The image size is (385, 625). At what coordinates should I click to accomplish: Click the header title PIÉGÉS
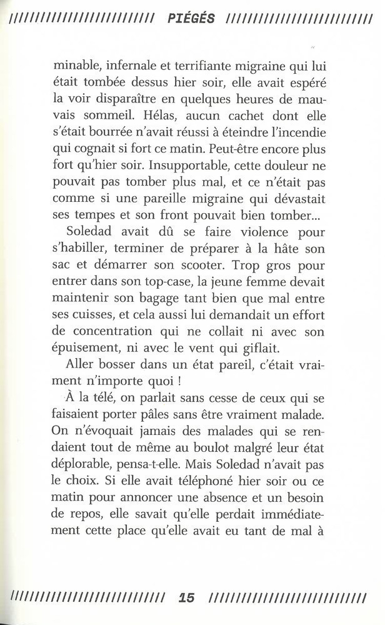tap(191, 19)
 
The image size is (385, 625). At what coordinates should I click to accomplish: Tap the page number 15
tap(187, 598)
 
